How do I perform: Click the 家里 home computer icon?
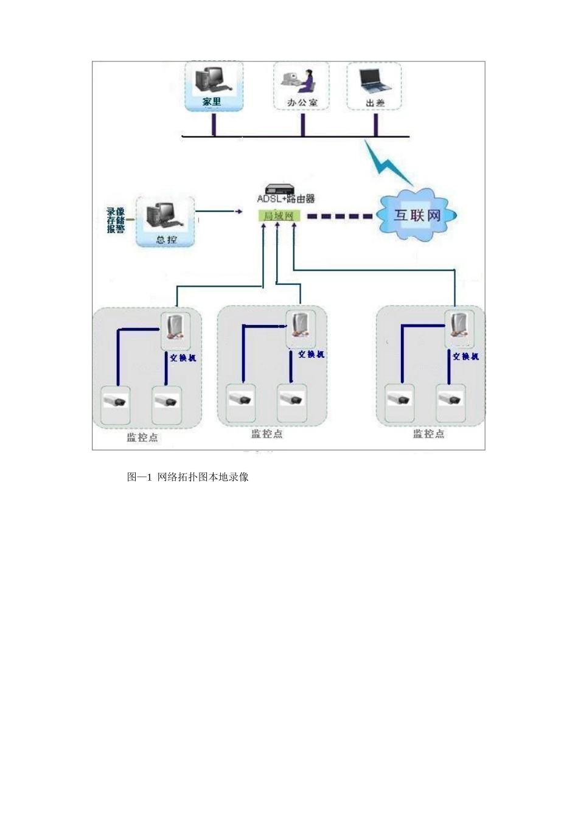point(209,80)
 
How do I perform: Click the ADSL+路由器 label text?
point(285,199)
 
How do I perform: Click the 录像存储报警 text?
point(116,220)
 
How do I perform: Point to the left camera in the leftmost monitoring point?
point(115,401)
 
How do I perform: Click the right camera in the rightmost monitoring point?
point(451,400)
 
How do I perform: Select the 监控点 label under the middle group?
point(267,434)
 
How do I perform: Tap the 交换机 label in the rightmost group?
point(465,357)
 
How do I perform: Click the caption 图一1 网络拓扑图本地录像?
point(187,477)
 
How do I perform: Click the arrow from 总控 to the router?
point(216,212)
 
